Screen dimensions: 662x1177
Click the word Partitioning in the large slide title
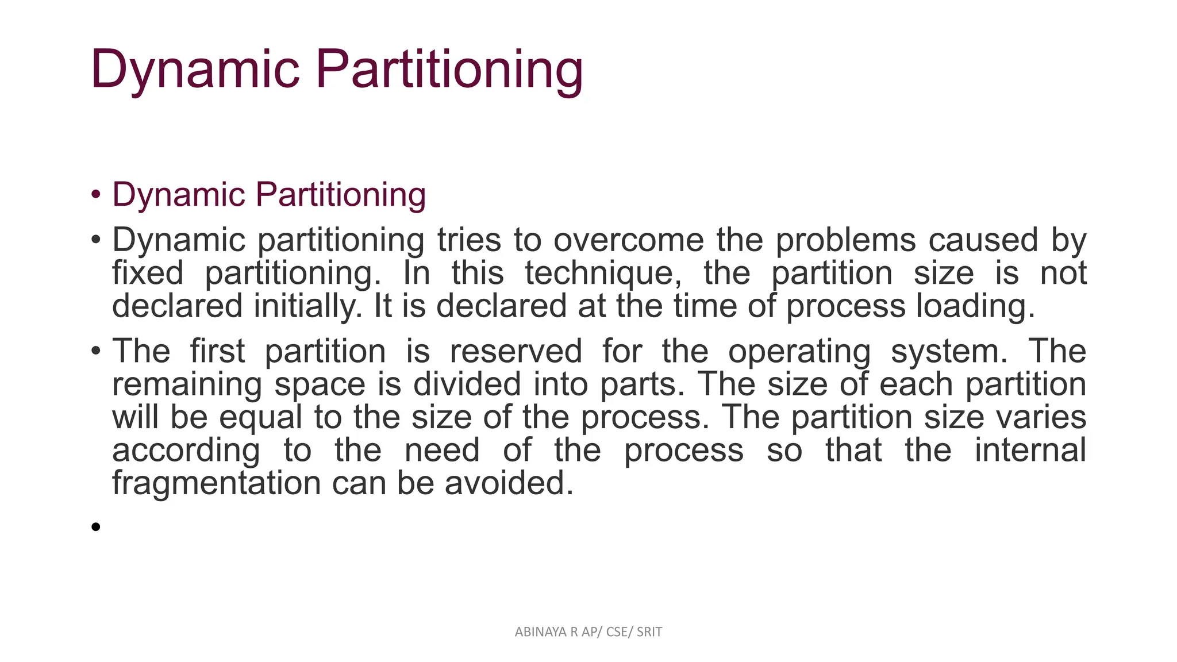(449, 70)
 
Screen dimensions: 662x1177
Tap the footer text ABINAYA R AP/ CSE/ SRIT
(588, 632)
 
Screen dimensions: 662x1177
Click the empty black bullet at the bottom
(96, 526)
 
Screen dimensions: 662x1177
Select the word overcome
(628, 240)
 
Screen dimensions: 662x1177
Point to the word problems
(845, 240)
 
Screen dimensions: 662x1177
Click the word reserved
(516, 351)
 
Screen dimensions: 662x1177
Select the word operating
(799, 352)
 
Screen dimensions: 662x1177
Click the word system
(948, 352)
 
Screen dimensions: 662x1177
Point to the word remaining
(187, 384)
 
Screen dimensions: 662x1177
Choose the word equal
(260, 418)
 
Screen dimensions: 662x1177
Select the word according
(186, 451)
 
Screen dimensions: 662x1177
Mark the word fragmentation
(216, 483)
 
